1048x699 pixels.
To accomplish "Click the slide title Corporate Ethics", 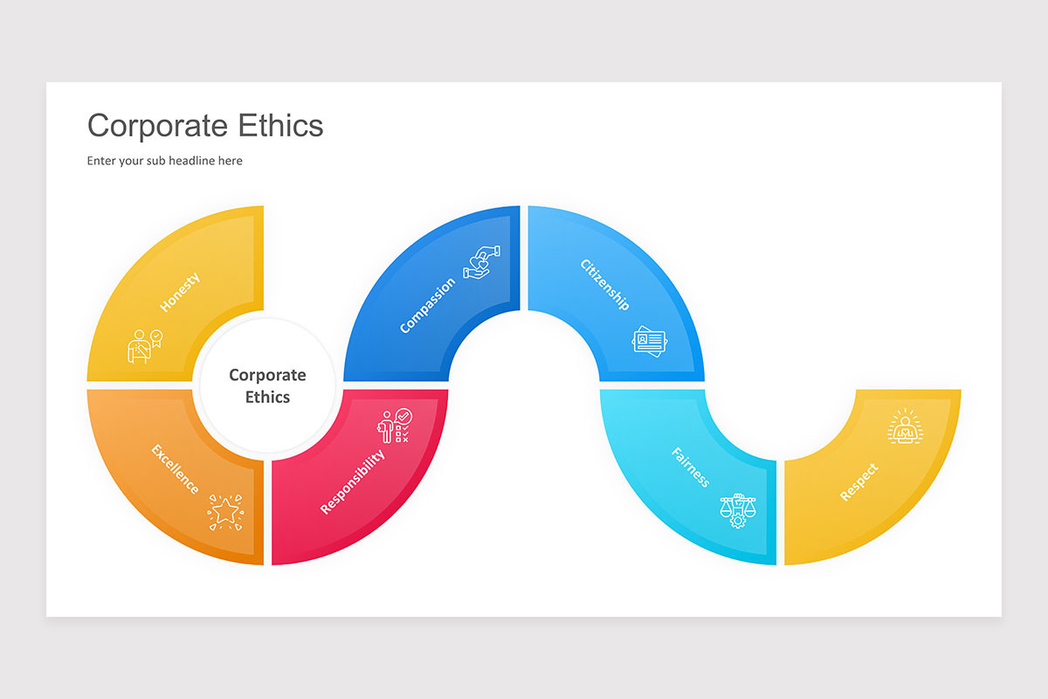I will (x=205, y=126).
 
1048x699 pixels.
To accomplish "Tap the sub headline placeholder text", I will (x=164, y=161).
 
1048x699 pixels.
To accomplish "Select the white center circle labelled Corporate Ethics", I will (x=267, y=385).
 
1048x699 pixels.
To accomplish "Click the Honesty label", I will (x=180, y=292).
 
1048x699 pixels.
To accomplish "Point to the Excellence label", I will (x=176, y=469).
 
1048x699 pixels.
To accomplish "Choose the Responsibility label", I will (x=352, y=481).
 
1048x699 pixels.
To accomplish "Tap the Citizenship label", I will (x=604, y=285).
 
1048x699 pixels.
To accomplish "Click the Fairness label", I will (x=690, y=467).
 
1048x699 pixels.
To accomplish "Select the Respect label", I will (x=858, y=482).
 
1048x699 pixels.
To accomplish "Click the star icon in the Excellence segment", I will (x=225, y=511).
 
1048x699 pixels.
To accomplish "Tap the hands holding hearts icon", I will (x=481, y=261).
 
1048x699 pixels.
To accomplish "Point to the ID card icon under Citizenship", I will (x=649, y=340).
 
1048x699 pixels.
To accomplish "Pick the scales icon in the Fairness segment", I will (x=737, y=509).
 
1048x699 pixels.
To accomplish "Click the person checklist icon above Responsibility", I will (x=394, y=426).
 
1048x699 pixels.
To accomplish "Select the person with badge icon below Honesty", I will (x=144, y=345).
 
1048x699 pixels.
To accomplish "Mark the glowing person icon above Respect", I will (x=905, y=427).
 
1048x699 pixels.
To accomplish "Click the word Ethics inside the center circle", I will (x=267, y=397).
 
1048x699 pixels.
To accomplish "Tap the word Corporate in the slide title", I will (x=153, y=126).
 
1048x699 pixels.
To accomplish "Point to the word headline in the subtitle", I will (x=197, y=161).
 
